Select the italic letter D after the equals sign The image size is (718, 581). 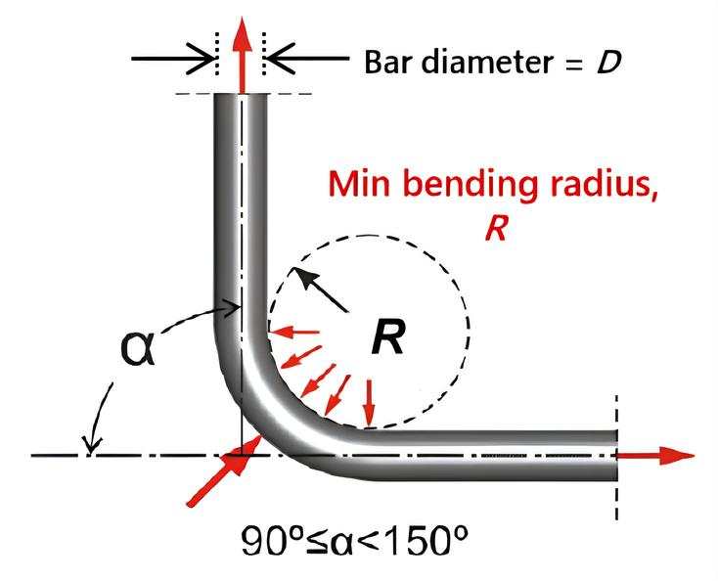(x=608, y=63)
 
